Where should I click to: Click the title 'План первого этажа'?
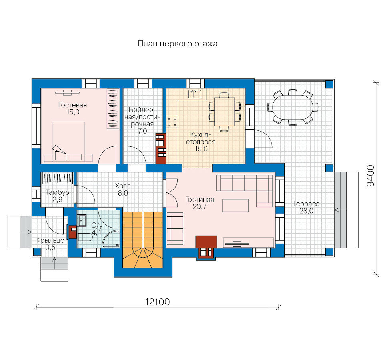177,44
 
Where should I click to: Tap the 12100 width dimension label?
157,302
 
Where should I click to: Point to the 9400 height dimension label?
370,176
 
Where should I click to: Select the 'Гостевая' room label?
72,105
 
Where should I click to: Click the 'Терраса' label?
306,204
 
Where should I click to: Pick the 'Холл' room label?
123,186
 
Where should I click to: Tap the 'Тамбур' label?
57,192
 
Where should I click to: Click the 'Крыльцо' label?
50,240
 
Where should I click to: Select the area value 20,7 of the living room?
199,207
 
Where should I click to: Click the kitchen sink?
195,94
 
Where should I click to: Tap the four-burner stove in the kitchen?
172,122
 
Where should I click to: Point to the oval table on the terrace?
293,107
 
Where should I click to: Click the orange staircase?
143,240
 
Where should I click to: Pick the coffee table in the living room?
235,205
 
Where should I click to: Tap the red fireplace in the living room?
206,246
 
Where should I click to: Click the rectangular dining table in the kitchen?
224,112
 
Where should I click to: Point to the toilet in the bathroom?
85,237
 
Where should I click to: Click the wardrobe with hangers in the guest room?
113,108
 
